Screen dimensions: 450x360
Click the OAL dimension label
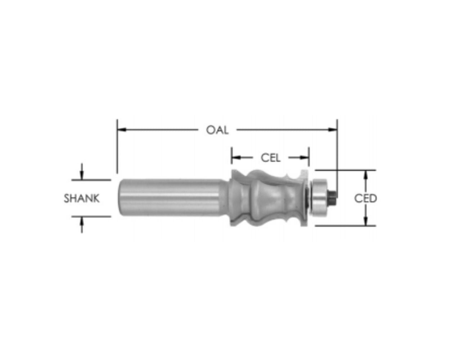click(217, 130)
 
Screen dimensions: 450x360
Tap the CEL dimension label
click(270, 158)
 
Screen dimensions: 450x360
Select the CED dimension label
click(365, 198)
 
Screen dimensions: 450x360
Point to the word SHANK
click(82, 198)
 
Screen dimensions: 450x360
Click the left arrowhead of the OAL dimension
click(122, 130)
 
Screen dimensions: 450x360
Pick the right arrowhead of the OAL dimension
click(333, 130)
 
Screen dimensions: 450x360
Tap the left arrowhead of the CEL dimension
click(236, 158)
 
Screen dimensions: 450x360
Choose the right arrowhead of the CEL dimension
click(305, 158)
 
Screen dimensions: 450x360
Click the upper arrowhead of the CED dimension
click(365, 175)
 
